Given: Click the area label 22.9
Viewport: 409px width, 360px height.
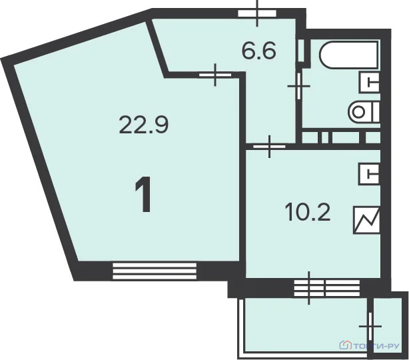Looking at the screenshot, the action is [x=144, y=125].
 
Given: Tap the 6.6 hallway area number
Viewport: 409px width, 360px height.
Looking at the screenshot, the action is [x=259, y=51].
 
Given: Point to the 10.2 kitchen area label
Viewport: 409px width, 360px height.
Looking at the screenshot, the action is [x=308, y=212].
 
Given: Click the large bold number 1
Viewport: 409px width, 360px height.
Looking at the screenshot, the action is [x=143, y=194].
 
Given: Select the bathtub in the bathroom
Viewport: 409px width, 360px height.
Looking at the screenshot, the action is [x=349, y=55].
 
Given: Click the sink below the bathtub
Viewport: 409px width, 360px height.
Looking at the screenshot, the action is [x=369, y=82].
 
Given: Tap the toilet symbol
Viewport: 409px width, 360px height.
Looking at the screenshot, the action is [x=364, y=112].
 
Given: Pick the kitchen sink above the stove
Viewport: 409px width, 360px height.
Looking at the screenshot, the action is [x=369, y=174].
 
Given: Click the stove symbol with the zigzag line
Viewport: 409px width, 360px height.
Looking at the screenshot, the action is [x=366, y=220].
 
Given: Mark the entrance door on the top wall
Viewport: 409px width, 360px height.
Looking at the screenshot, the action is [x=257, y=13].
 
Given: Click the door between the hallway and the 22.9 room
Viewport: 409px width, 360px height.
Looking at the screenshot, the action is [x=215, y=75].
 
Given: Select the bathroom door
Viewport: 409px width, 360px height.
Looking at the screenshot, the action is [x=298, y=86].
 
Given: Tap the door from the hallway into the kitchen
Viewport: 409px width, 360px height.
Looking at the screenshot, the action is [x=270, y=147].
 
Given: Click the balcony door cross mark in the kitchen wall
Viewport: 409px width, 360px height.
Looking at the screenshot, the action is [x=309, y=288].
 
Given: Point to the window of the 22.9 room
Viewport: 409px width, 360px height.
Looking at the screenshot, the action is [x=155, y=271].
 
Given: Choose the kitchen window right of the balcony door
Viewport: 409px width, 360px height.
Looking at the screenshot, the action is [x=342, y=288].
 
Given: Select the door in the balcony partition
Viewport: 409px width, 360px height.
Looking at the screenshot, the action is [x=370, y=326].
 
